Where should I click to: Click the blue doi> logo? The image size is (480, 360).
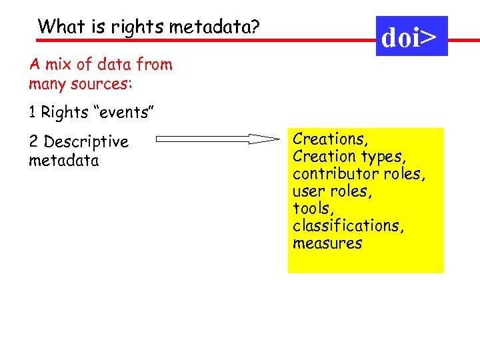click(411, 37)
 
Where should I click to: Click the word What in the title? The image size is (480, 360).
click(54, 27)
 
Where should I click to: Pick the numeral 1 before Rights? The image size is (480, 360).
click(32, 113)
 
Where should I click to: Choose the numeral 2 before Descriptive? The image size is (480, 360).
click(33, 142)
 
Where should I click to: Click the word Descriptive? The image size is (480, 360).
click(86, 143)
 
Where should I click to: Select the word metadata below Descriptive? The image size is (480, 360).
click(64, 161)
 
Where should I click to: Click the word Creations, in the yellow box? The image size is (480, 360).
click(331, 139)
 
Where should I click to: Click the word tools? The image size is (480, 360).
click(313, 209)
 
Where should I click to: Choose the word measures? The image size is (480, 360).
click(327, 243)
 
